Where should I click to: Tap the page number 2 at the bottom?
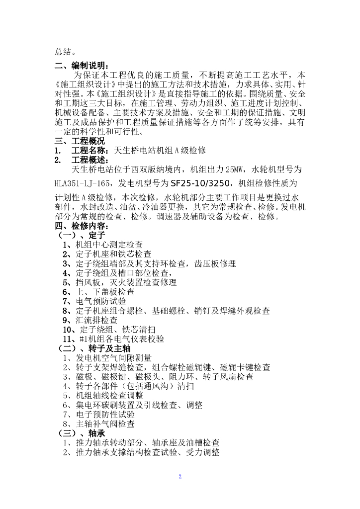pos(180,477)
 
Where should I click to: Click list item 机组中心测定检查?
pos(109,245)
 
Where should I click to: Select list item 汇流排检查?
pos(96,320)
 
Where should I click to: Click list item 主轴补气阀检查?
pos(105,424)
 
